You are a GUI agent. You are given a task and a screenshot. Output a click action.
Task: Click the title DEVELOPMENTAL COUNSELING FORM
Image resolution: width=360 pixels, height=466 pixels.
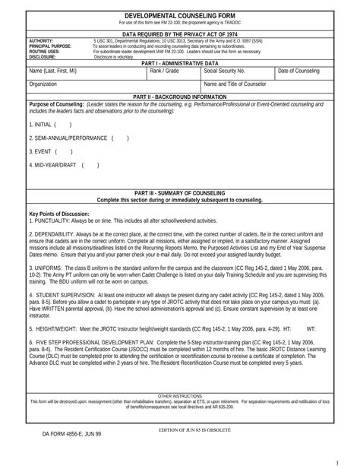[180, 14]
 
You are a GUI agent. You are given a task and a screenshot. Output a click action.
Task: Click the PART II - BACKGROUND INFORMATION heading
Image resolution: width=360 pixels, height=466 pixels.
[180, 98]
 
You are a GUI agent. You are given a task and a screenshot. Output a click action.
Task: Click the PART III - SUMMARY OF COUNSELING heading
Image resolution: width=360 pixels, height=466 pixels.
[180, 193]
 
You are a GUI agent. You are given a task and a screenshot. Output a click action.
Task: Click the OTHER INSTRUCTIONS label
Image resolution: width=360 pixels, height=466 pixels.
[180, 396]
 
